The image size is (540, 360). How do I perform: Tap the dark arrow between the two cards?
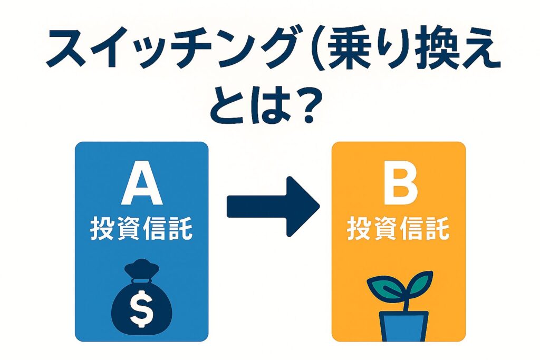[x=273, y=207]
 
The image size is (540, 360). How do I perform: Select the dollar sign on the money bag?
[x=141, y=308]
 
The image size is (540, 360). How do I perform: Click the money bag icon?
[x=141, y=297]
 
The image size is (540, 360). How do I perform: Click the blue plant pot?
[x=404, y=326]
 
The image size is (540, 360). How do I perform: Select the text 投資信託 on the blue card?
[x=141, y=228]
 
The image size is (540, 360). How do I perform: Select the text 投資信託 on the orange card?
[x=399, y=228]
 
